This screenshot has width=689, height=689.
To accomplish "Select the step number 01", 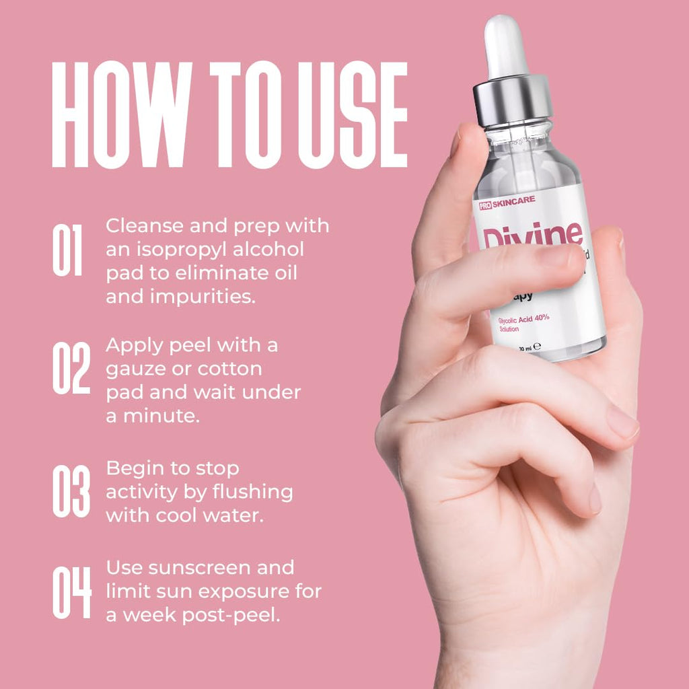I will [x=67, y=250].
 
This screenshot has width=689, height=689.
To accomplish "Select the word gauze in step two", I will [x=136, y=369].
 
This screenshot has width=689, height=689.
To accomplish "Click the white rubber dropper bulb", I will [x=506, y=47].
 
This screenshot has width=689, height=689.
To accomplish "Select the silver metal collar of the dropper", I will [x=513, y=101].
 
